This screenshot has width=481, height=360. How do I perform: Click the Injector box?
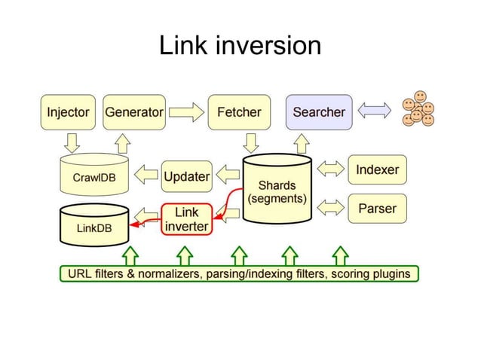(x=69, y=112)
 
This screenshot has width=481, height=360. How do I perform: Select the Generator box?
(x=134, y=112)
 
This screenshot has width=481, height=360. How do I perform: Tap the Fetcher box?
(x=239, y=112)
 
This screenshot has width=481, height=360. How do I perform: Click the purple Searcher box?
(x=318, y=112)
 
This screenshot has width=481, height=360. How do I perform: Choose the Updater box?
(x=186, y=176)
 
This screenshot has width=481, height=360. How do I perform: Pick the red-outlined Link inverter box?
(x=186, y=219)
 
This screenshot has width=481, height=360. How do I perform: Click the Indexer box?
(x=377, y=170)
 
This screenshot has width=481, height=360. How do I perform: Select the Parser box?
(x=377, y=209)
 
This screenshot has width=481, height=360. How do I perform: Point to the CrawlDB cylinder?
(x=93, y=178)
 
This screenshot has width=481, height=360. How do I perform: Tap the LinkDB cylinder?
(x=93, y=224)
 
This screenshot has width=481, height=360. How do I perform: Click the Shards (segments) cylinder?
(x=277, y=193)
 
